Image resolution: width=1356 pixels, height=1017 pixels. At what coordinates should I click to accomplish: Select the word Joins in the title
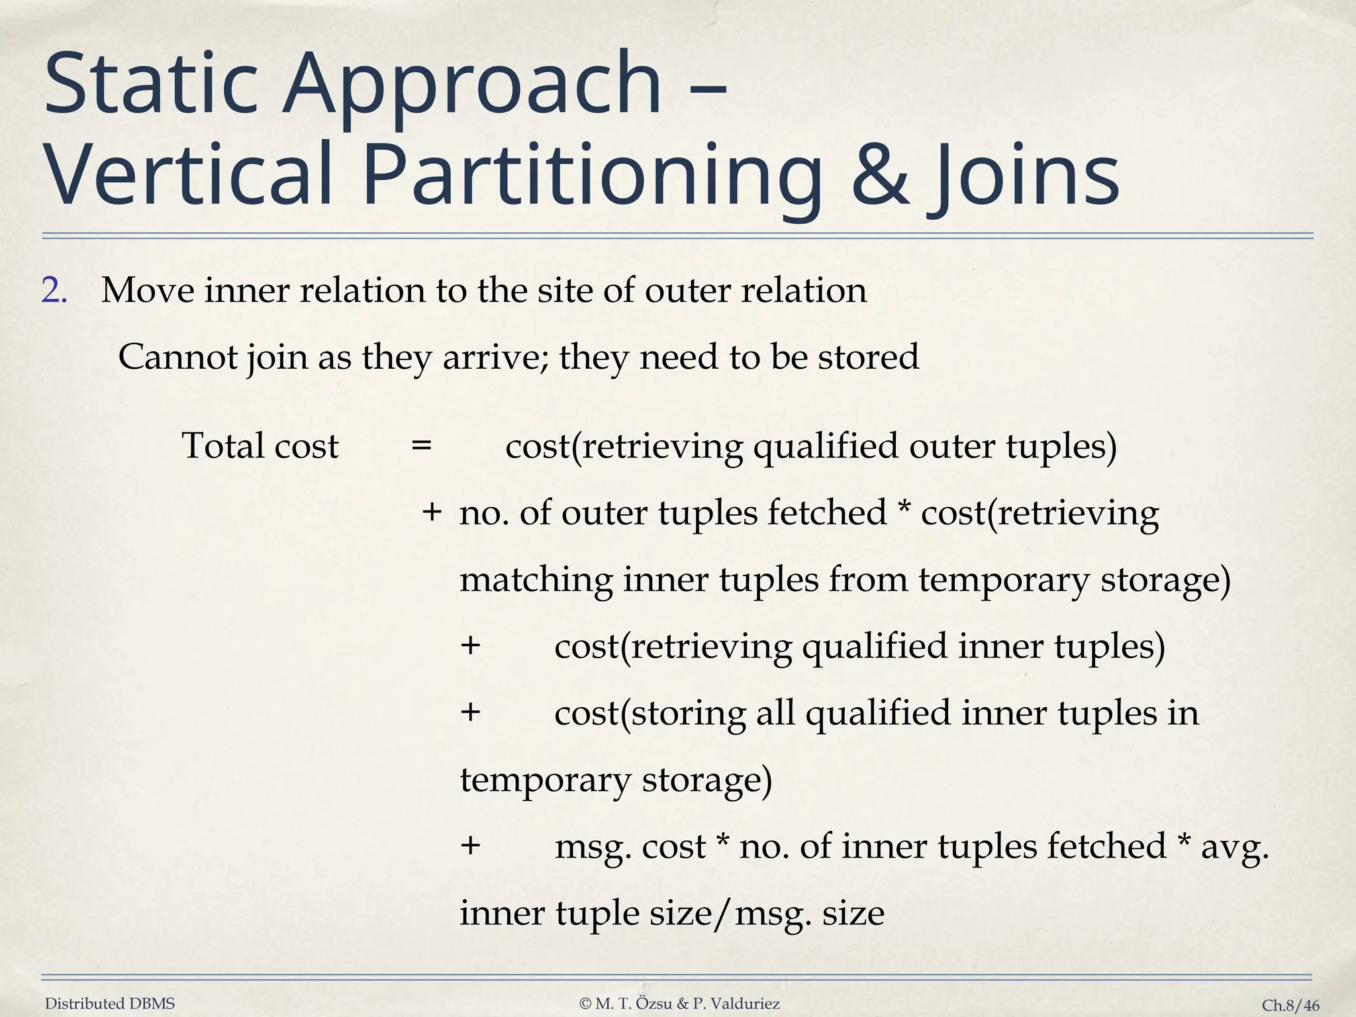pos(1027,173)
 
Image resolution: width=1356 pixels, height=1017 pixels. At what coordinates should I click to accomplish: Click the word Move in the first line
pos(147,291)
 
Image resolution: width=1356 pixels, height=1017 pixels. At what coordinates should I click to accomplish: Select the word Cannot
pos(177,358)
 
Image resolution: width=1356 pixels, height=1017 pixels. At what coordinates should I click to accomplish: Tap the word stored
pos(868,358)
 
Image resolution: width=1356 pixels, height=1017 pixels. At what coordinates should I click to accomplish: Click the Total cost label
pos(260,446)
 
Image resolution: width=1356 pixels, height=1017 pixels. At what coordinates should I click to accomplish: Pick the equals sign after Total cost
pos(421,446)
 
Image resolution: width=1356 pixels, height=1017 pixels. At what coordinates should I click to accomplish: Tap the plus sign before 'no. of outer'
pos(432,512)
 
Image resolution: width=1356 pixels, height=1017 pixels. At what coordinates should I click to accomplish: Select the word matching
pos(536,580)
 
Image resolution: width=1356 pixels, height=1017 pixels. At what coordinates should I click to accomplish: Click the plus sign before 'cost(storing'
pos(470,713)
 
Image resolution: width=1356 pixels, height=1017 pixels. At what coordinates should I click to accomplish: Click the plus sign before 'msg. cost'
pos(470,846)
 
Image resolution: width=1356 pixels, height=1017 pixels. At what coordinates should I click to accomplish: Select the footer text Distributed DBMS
pos(110,1004)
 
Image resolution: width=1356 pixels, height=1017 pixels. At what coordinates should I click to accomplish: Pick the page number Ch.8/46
pos(1290,1005)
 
